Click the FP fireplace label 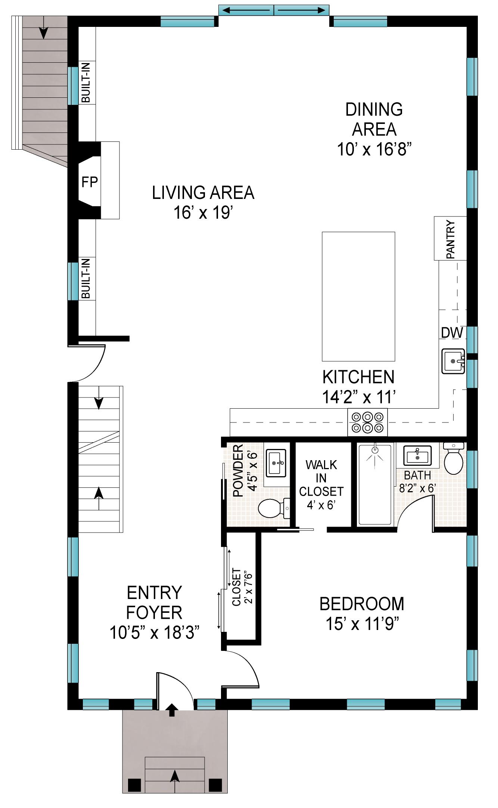click(90, 182)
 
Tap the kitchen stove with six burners click(368, 422)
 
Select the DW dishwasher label click(452, 333)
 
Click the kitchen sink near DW click(453, 361)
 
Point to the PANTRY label click(451, 239)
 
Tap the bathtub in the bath click(375, 484)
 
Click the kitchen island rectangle click(358, 296)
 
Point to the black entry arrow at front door click(172, 709)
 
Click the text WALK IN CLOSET click(321, 478)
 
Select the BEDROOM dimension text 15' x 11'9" click(362, 624)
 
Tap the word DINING click(374, 109)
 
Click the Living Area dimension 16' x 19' click(203, 213)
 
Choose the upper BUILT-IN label click(86, 83)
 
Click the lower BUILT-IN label click(86, 278)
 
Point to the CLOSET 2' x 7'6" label click(242, 587)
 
